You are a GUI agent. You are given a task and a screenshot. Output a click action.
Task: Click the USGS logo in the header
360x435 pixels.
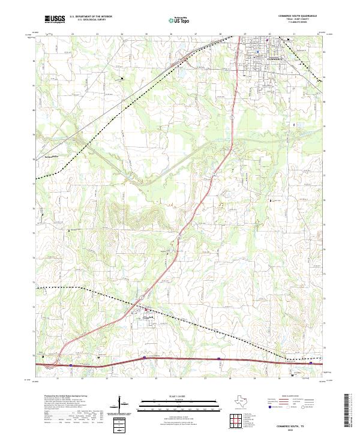pos(53,19)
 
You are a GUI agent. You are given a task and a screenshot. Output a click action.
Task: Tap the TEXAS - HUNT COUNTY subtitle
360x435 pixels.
pos(301,19)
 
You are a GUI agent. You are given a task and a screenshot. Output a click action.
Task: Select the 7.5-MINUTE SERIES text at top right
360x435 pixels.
pos(301,22)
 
